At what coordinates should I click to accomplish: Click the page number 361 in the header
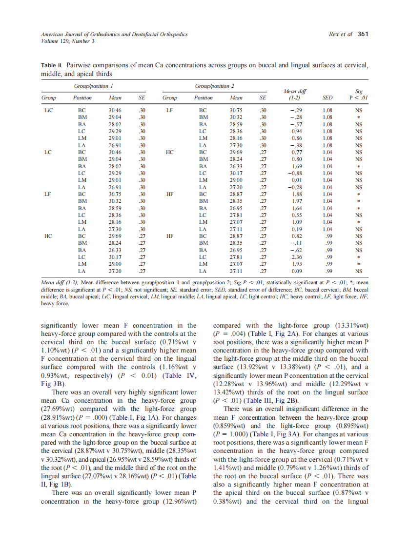[363, 34]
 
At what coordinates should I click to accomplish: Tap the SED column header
[327, 98]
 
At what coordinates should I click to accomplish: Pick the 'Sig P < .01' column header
[359, 94]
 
